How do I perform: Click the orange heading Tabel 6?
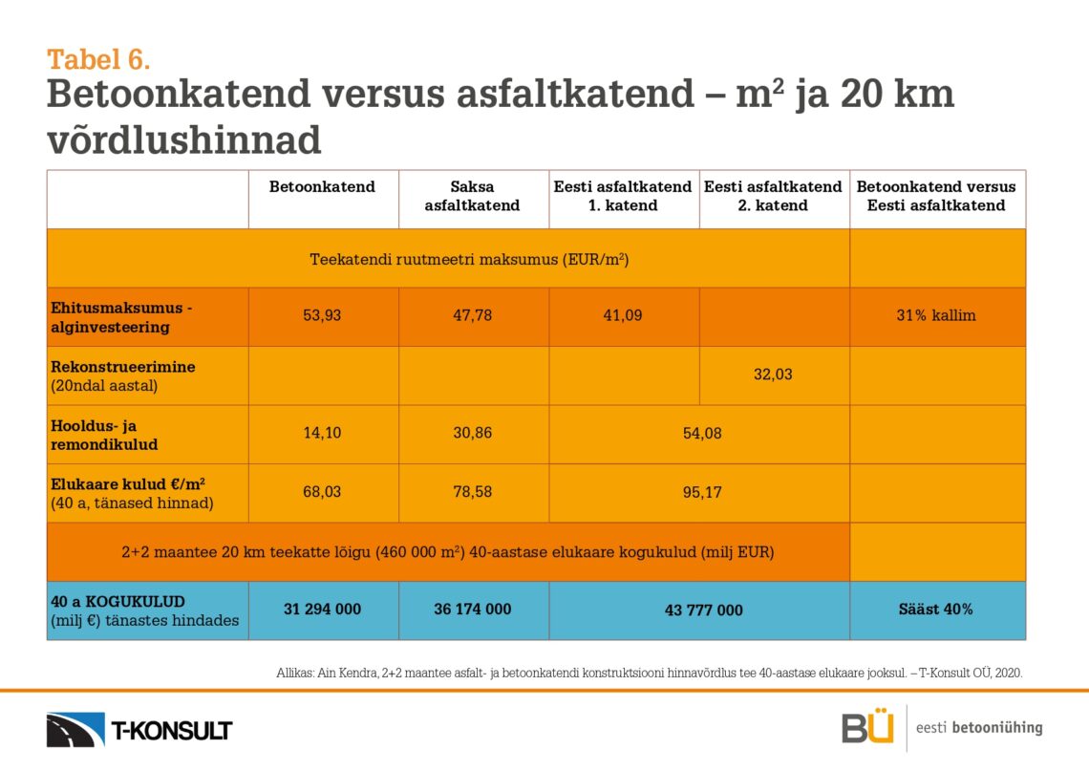[98, 59]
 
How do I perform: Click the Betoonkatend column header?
[322, 187]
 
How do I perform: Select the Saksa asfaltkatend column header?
[472, 197]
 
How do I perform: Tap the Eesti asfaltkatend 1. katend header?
[623, 197]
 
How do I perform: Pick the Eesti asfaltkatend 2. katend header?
[773, 197]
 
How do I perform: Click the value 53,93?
[322, 315]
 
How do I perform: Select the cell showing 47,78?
[472, 315]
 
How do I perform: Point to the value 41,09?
[623, 315]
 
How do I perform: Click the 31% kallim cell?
[936, 315]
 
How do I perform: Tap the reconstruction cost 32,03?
[773, 375]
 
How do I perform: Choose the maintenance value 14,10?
[322, 434]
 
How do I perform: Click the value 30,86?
[472, 434]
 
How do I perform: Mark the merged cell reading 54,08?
[702, 434]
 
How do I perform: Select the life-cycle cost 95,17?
[702, 493]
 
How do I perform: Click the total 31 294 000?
[322, 610]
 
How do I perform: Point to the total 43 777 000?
[702, 610]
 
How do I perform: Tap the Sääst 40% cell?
[936, 610]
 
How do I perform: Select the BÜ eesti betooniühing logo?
[941, 728]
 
